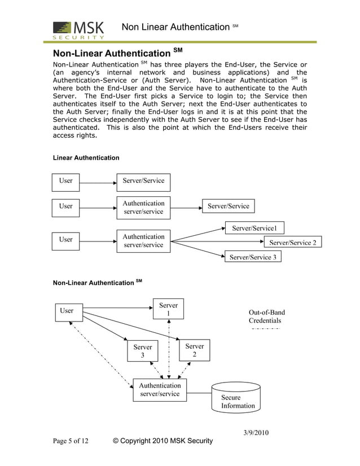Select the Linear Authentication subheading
[86, 157]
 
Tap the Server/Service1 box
[254, 228]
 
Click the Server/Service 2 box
[292, 243]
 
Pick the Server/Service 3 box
[253, 257]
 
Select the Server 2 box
[194, 350]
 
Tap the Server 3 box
[142, 351]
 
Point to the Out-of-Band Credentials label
[266, 316]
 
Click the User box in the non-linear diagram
[67, 311]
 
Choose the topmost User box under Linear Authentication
[66, 181]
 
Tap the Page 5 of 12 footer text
[71, 441]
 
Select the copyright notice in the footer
[163, 441]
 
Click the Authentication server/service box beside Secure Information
[160, 390]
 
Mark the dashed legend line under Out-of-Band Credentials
[265, 328]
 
